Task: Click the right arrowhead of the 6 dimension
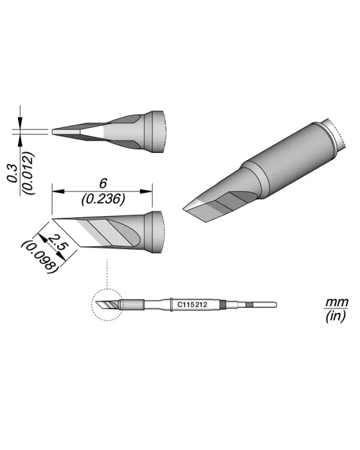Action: coord(151,192)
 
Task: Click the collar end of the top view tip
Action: coord(157,131)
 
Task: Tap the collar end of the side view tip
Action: coord(157,232)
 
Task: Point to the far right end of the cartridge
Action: coord(276,305)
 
